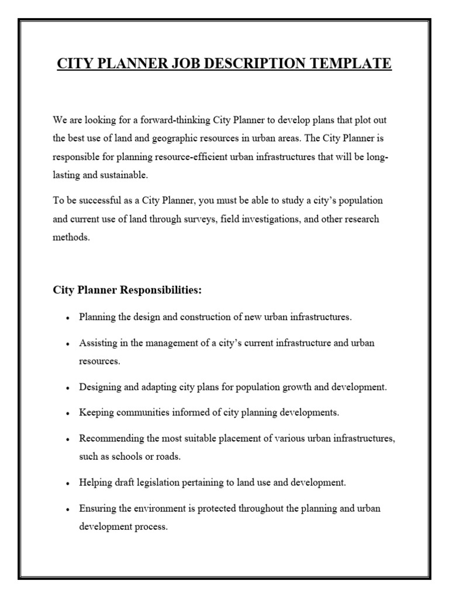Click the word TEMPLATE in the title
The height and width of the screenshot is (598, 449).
(350, 63)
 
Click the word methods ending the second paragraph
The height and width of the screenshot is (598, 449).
(71, 238)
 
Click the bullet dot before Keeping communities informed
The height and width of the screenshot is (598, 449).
(68, 413)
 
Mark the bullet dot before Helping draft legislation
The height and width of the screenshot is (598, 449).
(68, 484)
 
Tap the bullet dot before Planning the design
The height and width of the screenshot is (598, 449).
(68, 318)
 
